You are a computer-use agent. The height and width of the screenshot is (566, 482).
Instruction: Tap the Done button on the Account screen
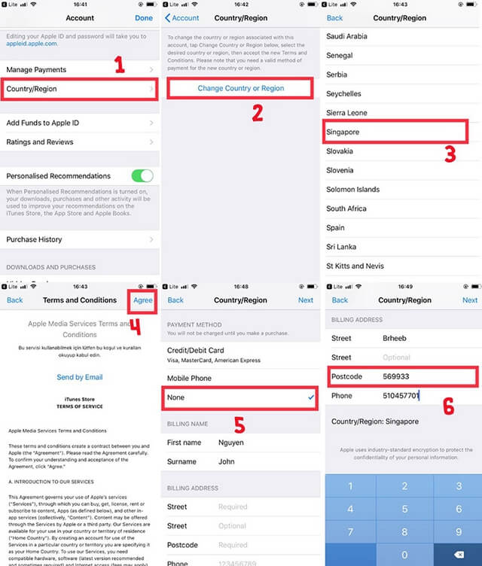143,18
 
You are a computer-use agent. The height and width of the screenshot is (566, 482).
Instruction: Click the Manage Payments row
36,70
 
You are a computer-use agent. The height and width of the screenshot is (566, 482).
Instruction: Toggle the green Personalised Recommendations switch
142,175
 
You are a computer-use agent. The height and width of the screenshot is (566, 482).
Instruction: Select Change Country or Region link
241,88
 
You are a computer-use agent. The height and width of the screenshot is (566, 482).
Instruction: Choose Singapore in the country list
343,132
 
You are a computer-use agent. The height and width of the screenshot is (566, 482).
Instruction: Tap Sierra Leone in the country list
347,113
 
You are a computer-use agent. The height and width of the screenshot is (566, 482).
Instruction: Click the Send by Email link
80,377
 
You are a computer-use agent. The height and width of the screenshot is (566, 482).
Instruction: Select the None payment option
175,397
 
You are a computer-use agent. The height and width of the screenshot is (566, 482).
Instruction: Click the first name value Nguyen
231,443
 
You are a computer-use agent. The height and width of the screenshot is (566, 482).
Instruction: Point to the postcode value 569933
396,376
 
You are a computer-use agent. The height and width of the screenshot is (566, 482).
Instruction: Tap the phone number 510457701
400,395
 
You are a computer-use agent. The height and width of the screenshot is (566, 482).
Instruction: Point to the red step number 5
239,425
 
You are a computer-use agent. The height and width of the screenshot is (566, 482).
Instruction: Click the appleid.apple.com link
32,44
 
